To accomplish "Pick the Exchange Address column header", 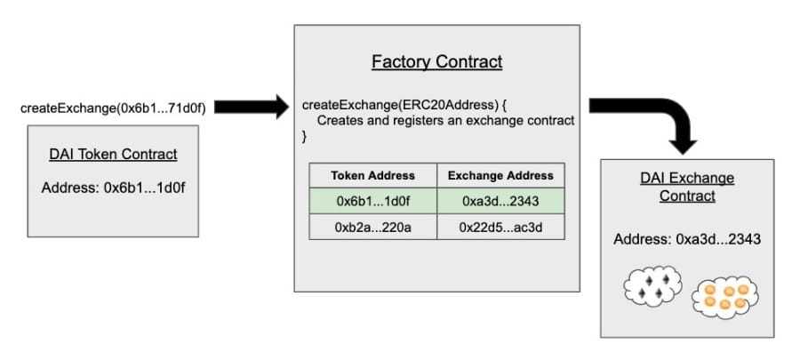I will pos(500,176).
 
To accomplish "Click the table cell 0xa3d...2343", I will pos(500,201).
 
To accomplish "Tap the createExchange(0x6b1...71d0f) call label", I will pos(113,108).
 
